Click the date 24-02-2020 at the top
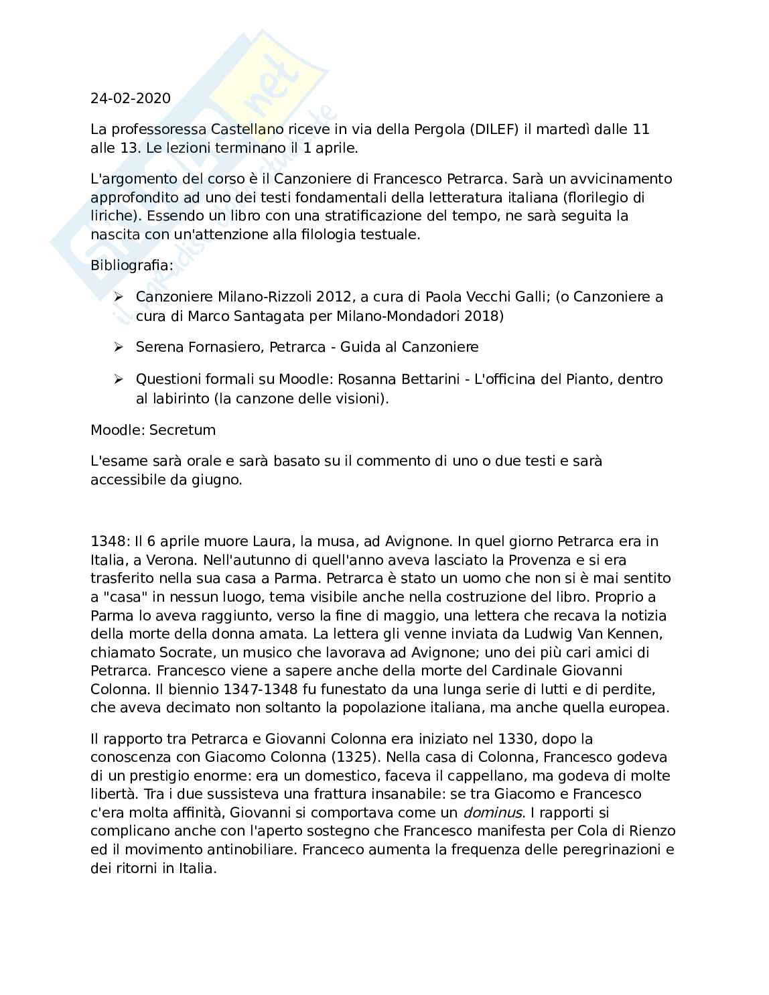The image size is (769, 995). point(131,98)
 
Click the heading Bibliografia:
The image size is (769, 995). point(132,265)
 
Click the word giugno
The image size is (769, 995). point(214,480)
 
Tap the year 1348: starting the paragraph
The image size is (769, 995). point(110,541)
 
